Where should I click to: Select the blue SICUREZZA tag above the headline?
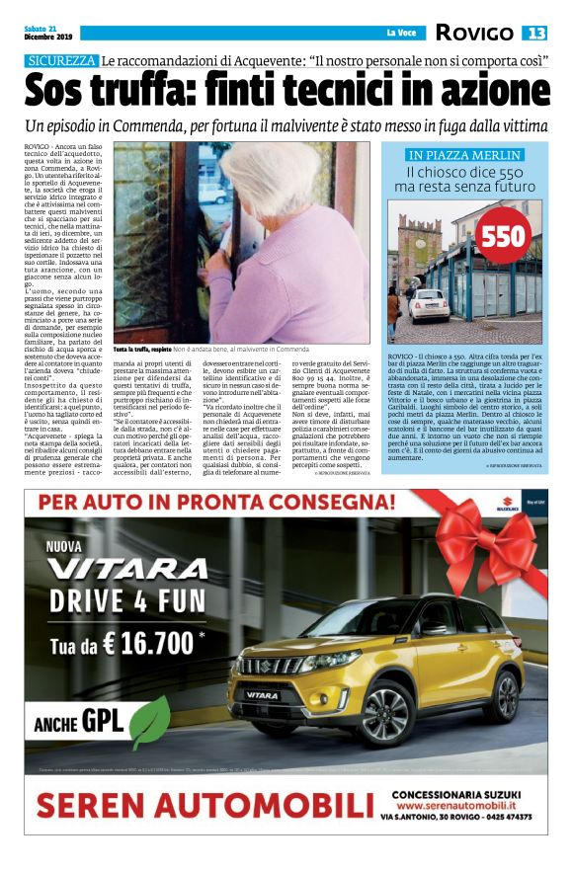click(x=61, y=61)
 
